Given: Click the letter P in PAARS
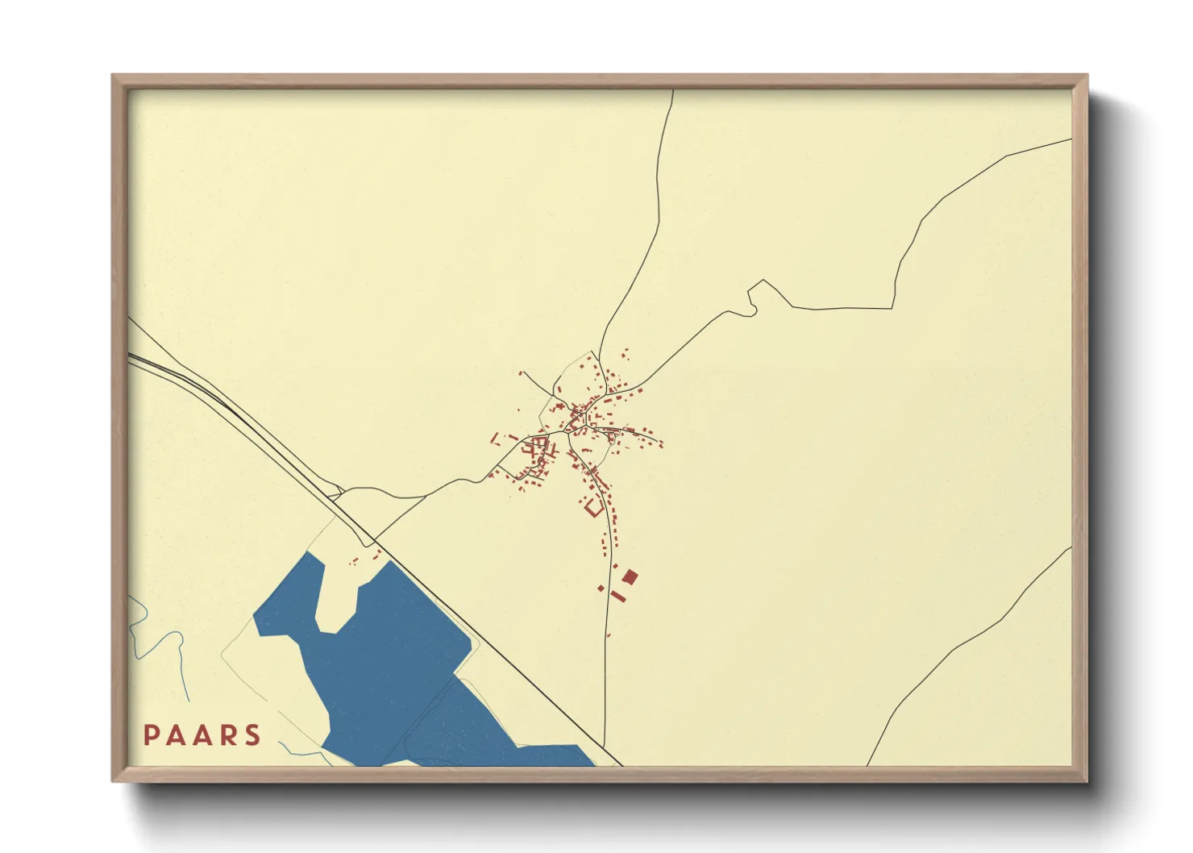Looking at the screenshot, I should pos(151,735).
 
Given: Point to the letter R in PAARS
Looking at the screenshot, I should pos(227,735).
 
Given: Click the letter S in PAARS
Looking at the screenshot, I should pos(253,735).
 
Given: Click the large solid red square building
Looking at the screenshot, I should pos(630,576).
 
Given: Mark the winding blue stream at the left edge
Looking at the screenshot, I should pos(145,629).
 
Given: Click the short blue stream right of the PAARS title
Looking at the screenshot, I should pos(310,755).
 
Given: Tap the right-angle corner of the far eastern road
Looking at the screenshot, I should pos(892,307).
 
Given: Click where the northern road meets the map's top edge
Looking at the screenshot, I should pos(673,91).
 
